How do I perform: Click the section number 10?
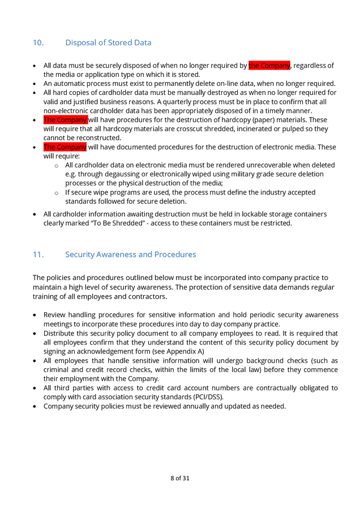click(38, 43)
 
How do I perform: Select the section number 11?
click(38, 255)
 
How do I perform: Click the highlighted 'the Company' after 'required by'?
click(269, 66)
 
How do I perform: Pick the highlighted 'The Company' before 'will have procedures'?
click(65, 120)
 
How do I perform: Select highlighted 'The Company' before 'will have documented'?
click(65, 147)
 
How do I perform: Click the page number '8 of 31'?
click(180, 478)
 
